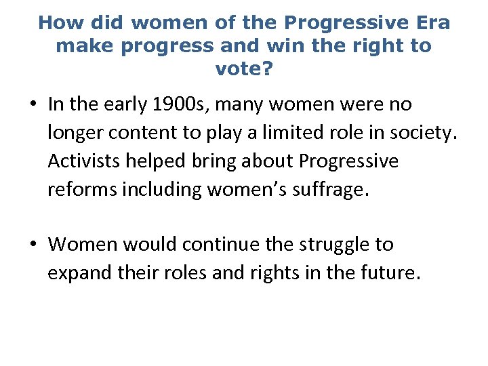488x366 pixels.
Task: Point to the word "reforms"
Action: (x=82, y=190)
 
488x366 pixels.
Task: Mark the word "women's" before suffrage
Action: (x=239, y=190)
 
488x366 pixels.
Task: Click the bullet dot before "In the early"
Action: (x=33, y=106)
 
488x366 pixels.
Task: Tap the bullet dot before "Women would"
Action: (x=33, y=245)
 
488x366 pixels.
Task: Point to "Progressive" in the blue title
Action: (x=342, y=23)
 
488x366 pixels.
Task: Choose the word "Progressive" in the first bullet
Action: (x=348, y=162)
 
